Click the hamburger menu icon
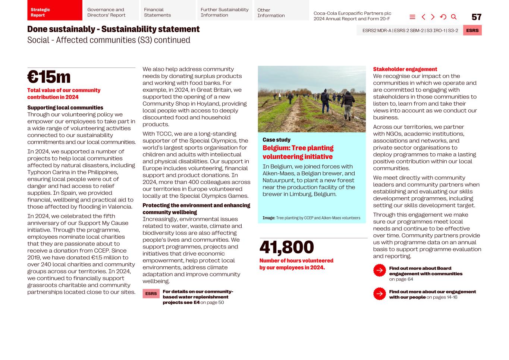[412, 17]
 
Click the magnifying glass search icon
[454, 17]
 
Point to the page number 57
[476, 17]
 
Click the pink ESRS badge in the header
[472, 31]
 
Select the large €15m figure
[49, 77]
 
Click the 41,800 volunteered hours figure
[286, 247]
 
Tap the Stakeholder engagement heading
[405, 69]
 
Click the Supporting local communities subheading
[65, 108]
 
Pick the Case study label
[276, 140]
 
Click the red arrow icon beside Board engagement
[380, 270]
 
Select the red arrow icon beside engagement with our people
[380, 294]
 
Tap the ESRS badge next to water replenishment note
[151, 294]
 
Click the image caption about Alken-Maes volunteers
[311, 218]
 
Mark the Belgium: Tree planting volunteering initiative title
[298, 152]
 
